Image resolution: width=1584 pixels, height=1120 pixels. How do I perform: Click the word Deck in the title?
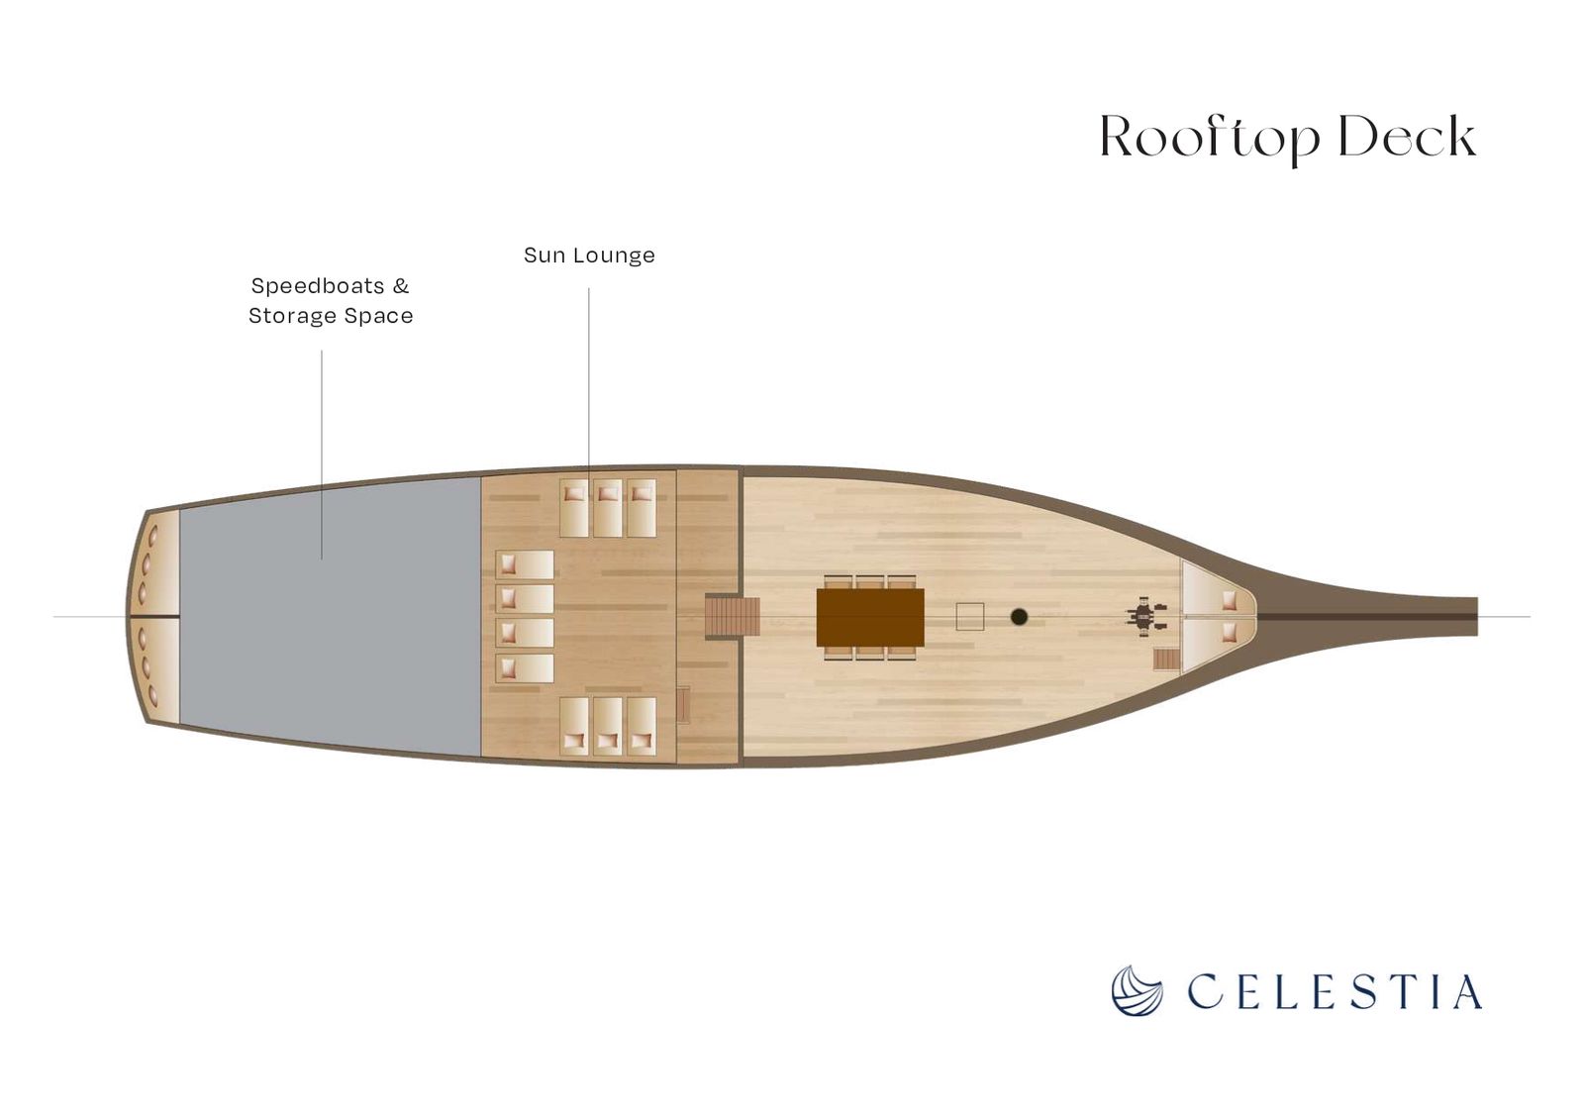(x=1407, y=136)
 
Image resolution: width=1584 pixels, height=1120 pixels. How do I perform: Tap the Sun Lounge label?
(x=589, y=255)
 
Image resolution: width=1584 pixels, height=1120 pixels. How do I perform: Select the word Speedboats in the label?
(x=318, y=286)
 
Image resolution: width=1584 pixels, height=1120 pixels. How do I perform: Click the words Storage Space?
(x=331, y=316)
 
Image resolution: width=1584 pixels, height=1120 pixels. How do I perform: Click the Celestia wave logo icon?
(x=1138, y=990)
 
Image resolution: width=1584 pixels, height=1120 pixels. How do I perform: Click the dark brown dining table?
(x=870, y=618)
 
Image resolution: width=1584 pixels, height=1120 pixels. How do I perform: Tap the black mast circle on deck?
(x=1019, y=617)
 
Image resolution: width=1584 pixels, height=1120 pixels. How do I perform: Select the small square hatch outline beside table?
(x=969, y=617)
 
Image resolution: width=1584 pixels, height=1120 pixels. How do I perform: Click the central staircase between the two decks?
(x=732, y=617)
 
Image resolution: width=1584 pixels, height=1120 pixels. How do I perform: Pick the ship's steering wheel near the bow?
(x=1144, y=618)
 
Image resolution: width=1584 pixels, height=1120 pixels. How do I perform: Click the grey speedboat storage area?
(x=331, y=617)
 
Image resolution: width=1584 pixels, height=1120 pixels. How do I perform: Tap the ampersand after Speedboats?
(x=401, y=286)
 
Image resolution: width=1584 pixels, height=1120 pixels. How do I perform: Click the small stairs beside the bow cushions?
(x=1167, y=660)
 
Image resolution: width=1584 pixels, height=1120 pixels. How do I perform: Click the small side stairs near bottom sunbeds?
(x=683, y=705)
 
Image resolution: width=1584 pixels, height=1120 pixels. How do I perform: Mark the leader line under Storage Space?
(x=322, y=455)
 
